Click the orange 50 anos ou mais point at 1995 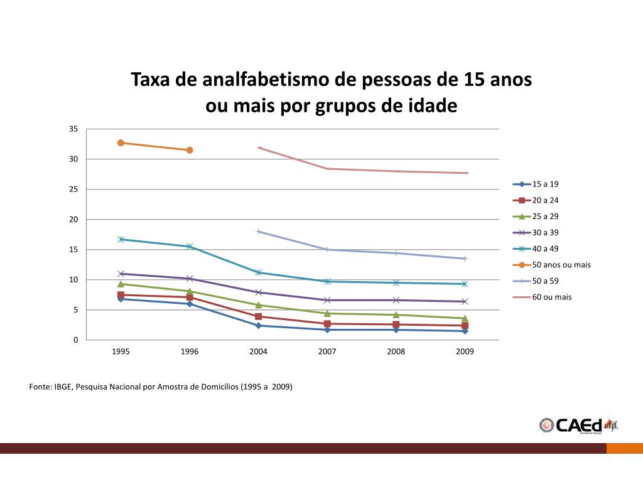click(x=121, y=143)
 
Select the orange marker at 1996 click(x=190, y=150)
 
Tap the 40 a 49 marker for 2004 click(x=258, y=272)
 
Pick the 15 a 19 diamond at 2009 click(x=465, y=331)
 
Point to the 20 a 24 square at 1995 click(x=121, y=295)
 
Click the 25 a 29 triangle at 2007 click(x=327, y=313)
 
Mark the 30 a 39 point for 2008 click(x=396, y=300)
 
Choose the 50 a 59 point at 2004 click(x=258, y=232)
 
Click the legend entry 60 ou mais click(x=551, y=297)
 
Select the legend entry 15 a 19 click(x=545, y=184)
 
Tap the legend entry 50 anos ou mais click(x=561, y=264)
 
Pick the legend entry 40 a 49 click(x=545, y=249)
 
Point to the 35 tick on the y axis click(x=73, y=129)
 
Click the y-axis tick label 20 click(x=73, y=220)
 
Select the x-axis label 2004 click(x=258, y=351)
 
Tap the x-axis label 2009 click(x=465, y=351)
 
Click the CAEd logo click(x=578, y=425)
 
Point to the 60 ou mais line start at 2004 click(x=259, y=148)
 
